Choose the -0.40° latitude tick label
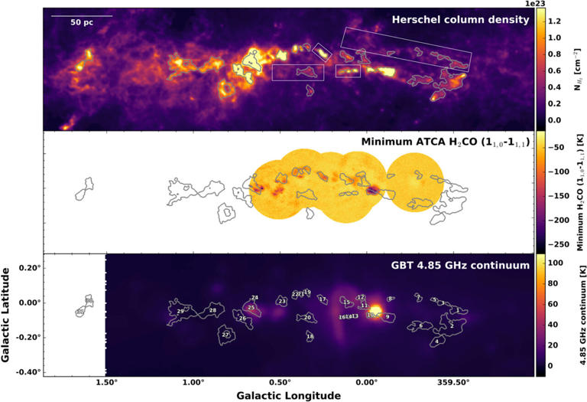tap(23, 372)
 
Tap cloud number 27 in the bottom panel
tap(225, 335)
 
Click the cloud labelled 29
tap(180, 311)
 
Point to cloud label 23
tap(282, 302)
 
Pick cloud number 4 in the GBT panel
tap(436, 341)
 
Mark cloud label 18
tap(310, 336)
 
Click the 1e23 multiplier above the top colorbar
tap(542, 4)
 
